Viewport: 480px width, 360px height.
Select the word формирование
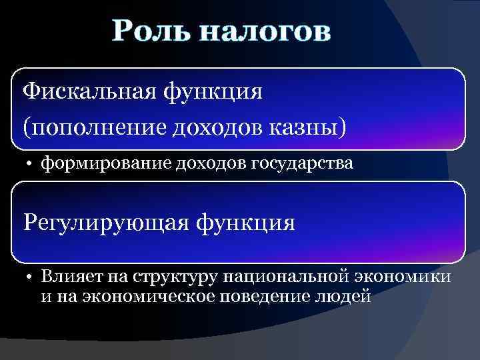coord(107,163)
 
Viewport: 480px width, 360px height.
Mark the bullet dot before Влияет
coord(31,275)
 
